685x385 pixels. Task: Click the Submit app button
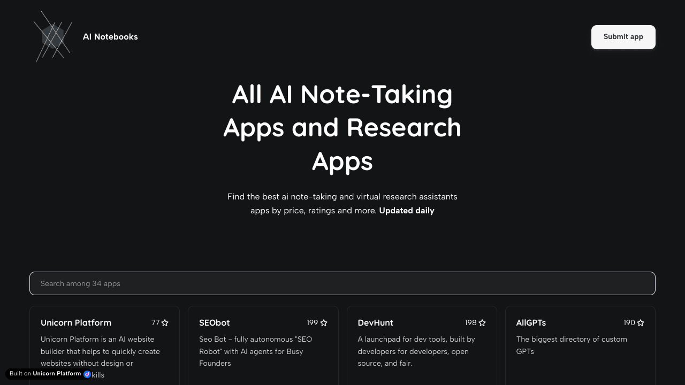click(x=623, y=37)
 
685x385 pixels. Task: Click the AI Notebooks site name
click(x=110, y=37)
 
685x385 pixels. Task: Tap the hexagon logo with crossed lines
click(x=53, y=37)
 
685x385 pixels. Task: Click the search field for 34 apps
click(x=342, y=283)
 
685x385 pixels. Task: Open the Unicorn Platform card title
click(x=76, y=322)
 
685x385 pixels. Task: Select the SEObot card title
click(x=214, y=322)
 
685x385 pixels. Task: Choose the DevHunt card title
click(x=375, y=322)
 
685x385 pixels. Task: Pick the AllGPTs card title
click(x=531, y=322)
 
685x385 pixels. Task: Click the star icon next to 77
click(x=165, y=323)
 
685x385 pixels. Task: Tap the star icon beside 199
click(x=324, y=323)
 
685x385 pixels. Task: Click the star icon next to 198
click(x=482, y=323)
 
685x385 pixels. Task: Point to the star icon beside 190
click(x=641, y=323)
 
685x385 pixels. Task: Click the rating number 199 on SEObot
click(x=313, y=323)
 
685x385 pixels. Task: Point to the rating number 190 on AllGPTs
click(x=629, y=323)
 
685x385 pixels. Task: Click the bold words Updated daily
click(x=407, y=211)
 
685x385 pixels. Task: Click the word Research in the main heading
click(x=404, y=127)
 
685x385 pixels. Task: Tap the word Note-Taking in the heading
click(x=376, y=94)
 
